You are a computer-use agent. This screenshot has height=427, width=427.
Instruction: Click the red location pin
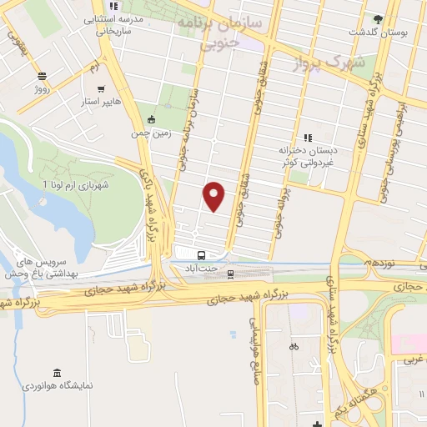tap(214, 195)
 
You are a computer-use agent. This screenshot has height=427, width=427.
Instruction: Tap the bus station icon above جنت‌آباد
tap(201, 255)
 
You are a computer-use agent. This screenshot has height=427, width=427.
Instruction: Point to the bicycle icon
tap(294, 346)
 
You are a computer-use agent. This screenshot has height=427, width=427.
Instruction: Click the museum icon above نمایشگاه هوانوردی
tap(56, 372)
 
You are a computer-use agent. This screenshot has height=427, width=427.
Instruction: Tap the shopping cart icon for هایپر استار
tap(100, 88)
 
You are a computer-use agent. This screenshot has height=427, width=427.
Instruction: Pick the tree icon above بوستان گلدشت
tap(379, 18)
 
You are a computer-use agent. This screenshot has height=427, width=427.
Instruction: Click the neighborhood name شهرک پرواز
tap(332, 62)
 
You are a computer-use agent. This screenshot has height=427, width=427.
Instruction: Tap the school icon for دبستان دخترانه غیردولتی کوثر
tap(307, 137)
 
